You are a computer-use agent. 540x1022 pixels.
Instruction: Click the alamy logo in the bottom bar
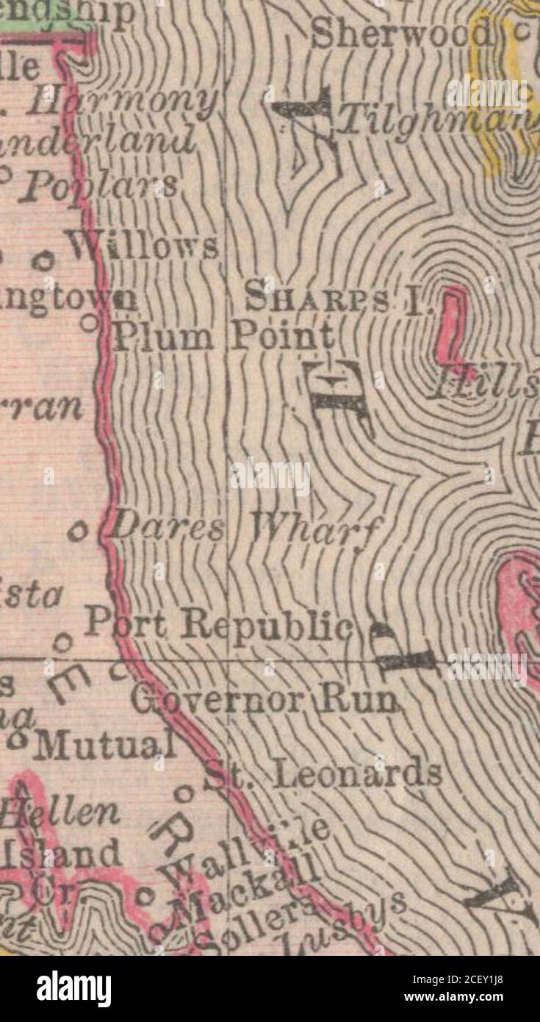(73, 988)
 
